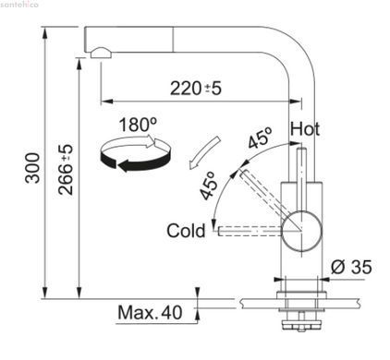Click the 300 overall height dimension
pyautogui.click(x=32, y=168)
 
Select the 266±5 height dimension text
pyautogui.click(x=66, y=170)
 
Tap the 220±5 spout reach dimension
pyautogui.click(x=196, y=89)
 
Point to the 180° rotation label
pyautogui.click(x=138, y=125)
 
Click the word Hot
pyautogui.click(x=305, y=129)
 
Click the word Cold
pyautogui.click(x=186, y=231)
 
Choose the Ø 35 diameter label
pyautogui.click(x=351, y=267)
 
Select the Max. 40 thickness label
pyautogui.click(x=150, y=312)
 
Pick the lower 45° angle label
pyautogui.click(x=207, y=186)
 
